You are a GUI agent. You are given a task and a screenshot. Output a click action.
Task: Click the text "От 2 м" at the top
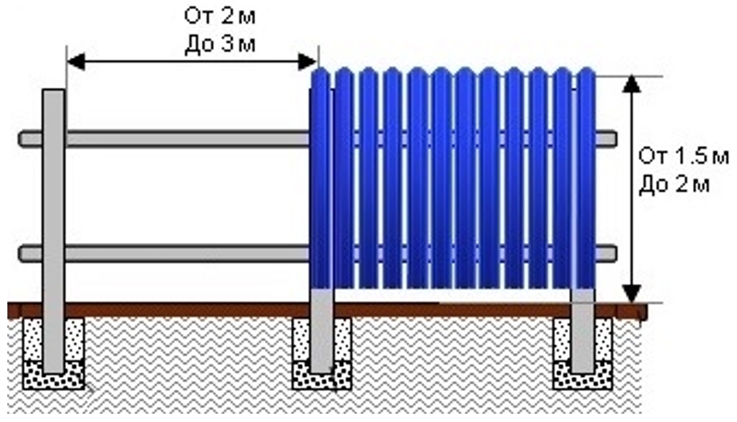coord(220,17)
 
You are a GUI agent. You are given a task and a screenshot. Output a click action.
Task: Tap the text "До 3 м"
coord(220,45)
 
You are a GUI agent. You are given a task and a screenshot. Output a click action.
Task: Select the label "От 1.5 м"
coord(684,156)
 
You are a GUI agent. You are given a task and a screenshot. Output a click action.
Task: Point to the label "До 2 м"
coord(674,184)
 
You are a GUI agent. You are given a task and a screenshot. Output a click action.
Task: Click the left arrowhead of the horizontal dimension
coord(76,61)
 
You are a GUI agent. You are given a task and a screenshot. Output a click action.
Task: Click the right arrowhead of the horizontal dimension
coord(307,61)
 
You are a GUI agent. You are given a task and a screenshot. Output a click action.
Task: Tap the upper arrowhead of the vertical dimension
coord(632,83)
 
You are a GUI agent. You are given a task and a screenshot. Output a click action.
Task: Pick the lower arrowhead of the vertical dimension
coord(632,294)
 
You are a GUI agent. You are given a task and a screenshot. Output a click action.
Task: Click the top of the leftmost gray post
coord(53,90)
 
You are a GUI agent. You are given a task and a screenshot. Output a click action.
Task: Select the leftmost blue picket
coord(320,178)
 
